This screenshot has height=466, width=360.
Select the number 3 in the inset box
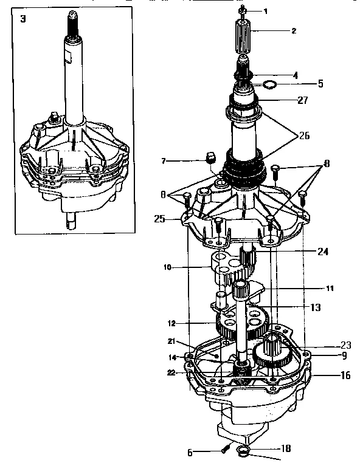(x=22, y=19)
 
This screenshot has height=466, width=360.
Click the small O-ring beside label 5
(x=270, y=83)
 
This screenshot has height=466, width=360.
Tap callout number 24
(x=324, y=250)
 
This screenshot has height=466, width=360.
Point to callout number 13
(x=314, y=308)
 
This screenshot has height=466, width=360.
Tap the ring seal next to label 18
(x=243, y=450)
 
